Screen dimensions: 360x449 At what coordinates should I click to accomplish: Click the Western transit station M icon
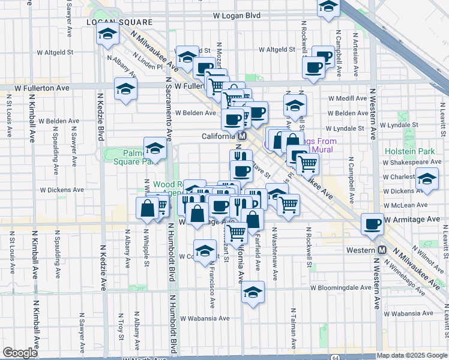coord(382,250)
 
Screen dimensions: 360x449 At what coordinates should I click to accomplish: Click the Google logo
coord(20,353)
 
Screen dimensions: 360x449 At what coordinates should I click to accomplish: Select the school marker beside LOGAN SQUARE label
coord(106,34)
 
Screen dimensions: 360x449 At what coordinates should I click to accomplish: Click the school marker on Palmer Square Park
coord(155,148)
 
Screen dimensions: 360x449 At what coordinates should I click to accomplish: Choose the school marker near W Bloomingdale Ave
coord(253,293)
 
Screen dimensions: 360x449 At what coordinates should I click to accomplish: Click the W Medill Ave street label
coord(348,98)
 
